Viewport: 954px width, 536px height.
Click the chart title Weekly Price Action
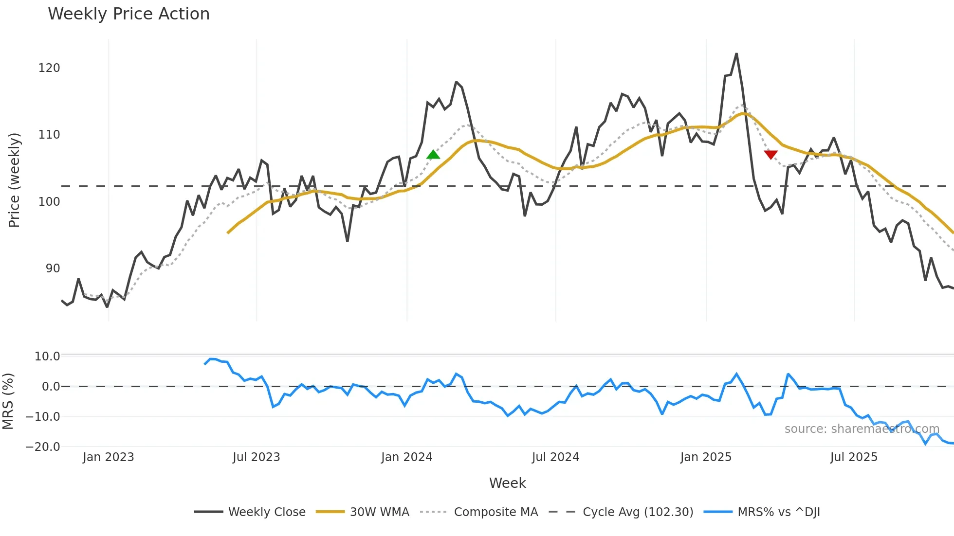click(x=128, y=14)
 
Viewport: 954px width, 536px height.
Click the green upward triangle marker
click(x=433, y=155)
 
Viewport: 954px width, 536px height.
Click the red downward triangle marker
click(x=771, y=155)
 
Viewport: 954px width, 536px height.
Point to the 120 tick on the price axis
click(x=49, y=68)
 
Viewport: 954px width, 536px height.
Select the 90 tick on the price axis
click(x=53, y=268)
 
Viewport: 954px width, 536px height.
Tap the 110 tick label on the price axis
click(x=49, y=135)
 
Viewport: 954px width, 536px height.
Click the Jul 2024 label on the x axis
click(x=555, y=457)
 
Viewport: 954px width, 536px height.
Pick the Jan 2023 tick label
click(x=108, y=457)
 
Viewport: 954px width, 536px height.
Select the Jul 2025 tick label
click(x=854, y=457)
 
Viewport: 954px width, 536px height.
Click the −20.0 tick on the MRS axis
click(x=43, y=447)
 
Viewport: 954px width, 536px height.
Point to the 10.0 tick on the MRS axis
click(x=47, y=357)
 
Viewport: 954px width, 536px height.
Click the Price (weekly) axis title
click(x=15, y=180)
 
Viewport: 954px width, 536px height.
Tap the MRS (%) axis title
click(x=8, y=401)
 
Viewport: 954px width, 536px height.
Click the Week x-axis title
click(x=507, y=483)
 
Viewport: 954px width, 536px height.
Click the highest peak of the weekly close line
click(x=736, y=54)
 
